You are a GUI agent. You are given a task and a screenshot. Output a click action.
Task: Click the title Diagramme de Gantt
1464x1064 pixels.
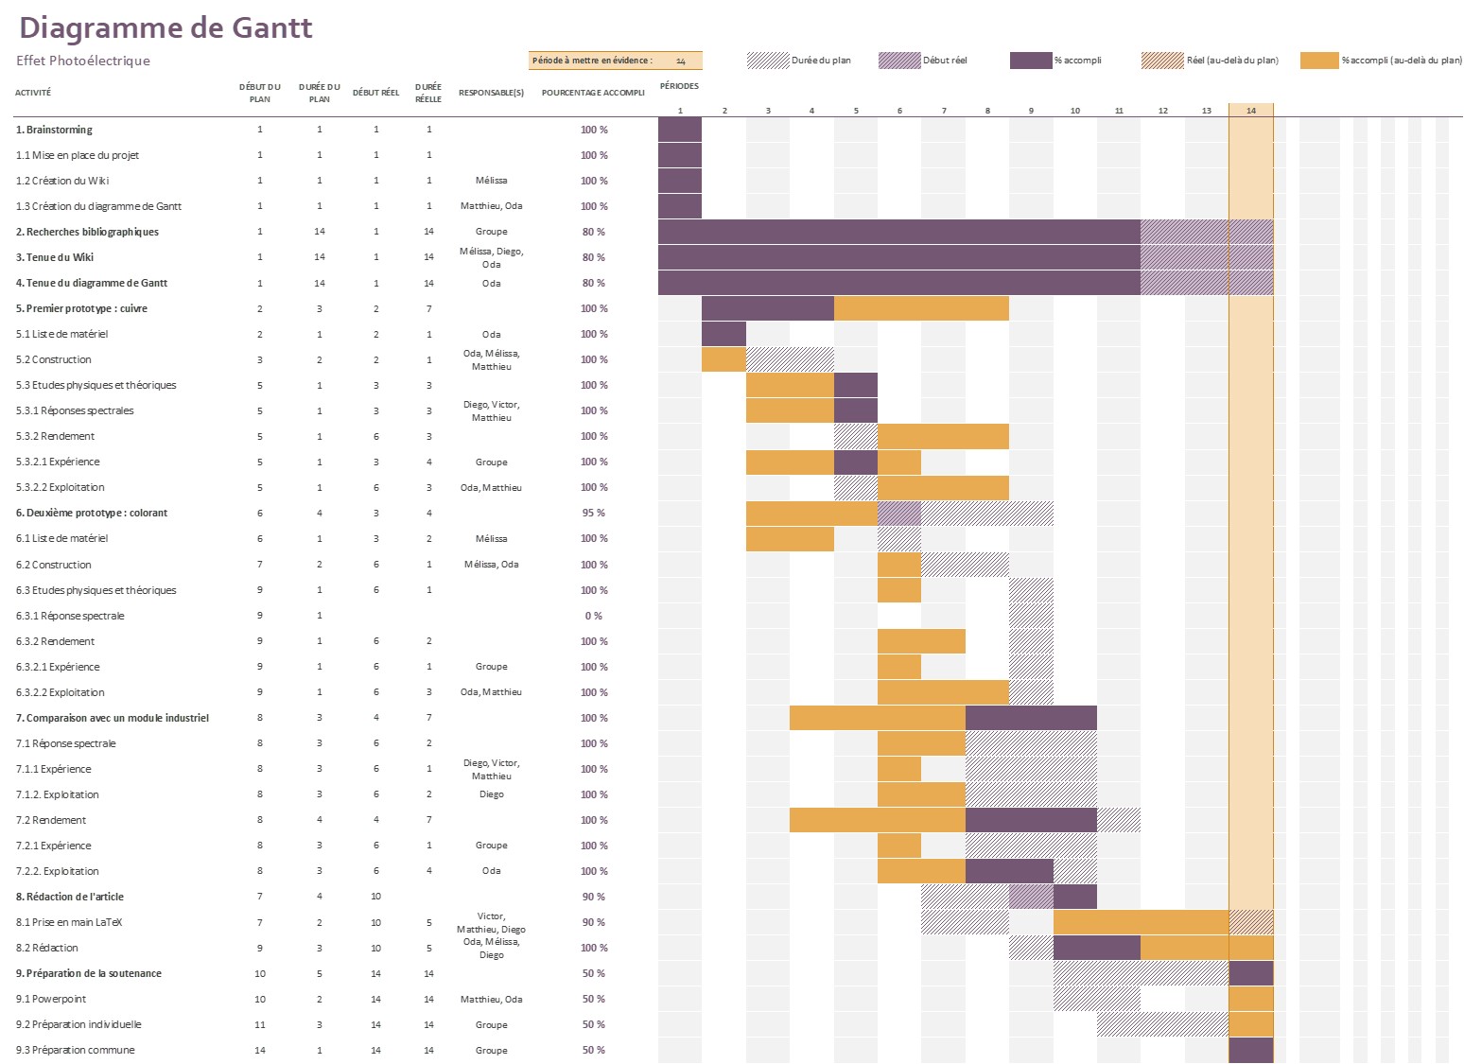point(166,27)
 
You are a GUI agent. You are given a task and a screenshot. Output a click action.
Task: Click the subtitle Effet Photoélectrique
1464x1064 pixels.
point(83,61)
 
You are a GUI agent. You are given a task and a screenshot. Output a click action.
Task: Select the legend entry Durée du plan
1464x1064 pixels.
point(820,61)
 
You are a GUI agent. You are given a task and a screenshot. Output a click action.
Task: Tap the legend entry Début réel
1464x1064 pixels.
point(944,61)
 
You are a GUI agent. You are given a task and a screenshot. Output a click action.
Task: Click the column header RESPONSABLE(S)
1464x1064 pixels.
point(491,93)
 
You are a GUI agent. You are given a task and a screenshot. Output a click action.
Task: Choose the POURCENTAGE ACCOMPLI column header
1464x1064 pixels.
point(593,93)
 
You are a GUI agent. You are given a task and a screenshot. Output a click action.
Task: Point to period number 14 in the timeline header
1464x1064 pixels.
point(1250,111)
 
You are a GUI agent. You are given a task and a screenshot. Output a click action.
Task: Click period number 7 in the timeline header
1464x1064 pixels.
point(943,111)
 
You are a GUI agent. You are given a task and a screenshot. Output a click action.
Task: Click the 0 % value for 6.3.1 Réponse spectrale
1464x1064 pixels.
point(593,616)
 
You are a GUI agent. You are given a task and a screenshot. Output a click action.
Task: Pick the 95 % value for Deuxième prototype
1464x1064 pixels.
point(593,513)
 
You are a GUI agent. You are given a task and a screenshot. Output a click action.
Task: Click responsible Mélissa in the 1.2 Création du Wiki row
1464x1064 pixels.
point(491,181)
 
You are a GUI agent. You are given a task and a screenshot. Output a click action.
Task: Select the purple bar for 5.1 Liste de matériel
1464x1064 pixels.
point(723,334)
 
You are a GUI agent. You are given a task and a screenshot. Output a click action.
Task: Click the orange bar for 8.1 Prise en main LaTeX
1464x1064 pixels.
point(1140,922)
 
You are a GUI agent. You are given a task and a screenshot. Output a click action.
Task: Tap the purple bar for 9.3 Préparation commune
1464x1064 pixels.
point(1250,1050)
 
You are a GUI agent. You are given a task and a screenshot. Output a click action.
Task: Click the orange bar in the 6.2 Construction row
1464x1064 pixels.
point(898,565)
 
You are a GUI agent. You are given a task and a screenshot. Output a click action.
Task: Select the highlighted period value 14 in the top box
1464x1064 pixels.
point(680,61)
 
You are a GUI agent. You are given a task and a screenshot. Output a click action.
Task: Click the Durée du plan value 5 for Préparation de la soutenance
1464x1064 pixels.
point(320,973)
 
